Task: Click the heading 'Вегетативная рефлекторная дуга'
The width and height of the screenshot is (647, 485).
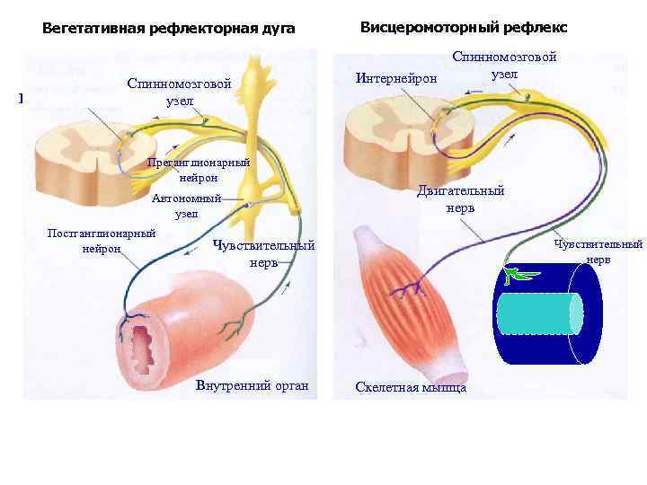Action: [x=169, y=29]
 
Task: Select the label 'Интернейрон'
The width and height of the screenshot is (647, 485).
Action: [x=397, y=79]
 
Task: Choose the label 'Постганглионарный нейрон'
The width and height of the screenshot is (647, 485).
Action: [x=102, y=241]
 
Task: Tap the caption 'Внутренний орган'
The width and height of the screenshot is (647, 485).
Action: [x=251, y=387]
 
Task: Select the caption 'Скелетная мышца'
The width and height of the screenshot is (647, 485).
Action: [x=411, y=387]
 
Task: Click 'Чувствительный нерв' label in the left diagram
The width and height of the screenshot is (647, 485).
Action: [x=264, y=252]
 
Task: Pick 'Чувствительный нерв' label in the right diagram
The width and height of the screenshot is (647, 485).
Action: [x=598, y=251]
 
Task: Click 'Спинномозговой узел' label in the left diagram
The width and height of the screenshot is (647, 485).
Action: [x=180, y=92]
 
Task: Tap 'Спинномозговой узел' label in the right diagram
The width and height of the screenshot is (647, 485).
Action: [x=504, y=64]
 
